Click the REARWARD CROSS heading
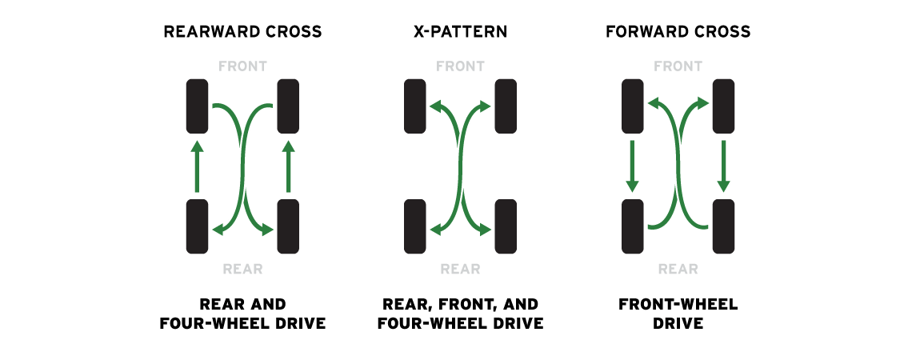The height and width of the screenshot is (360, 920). pyautogui.click(x=242, y=31)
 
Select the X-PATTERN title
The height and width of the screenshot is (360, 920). pyautogui.click(x=460, y=31)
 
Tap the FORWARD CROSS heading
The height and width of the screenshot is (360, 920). pyautogui.click(x=678, y=31)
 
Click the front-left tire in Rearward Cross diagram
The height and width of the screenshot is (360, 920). pyautogui.click(x=197, y=106)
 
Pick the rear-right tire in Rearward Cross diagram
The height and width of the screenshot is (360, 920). pyautogui.click(x=288, y=226)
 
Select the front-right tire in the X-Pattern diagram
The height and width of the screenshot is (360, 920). pyautogui.click(x=506, y=106)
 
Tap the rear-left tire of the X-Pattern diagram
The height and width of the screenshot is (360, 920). pyautogui.click(x=415, y=226)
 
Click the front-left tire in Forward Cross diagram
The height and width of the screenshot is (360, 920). pyautogui.click(x=633, y=106)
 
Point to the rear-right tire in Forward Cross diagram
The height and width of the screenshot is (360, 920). pyautogui.click(x=723, y=226)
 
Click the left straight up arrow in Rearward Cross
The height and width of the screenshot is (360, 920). pyautogui.click(x=197, y=166)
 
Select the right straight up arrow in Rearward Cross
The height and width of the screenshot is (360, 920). pyautogui.click(x=288, y=166)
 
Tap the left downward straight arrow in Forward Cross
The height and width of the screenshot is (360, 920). pyautogui.click(x=633, y=166)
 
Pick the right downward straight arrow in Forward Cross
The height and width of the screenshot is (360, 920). pyautogui.click(x=723, y=166)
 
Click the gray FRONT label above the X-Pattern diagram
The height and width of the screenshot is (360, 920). pyautogui.click(x=460, y=66)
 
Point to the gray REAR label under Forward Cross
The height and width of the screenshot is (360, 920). pyautogui.click(x=678, y=269)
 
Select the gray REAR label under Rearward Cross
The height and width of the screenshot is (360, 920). pyautogui.click(x=242, y=269)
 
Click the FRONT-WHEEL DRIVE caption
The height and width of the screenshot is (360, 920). pyautogui.click(x=678, y=314)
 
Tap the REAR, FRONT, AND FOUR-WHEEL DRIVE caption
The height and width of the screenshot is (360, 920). pyautogui.click(x=460, y=314)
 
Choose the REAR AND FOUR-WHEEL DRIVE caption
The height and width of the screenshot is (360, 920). pyautogui.click(x=242, y=314)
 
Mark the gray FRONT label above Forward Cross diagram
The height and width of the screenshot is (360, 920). pyautogui.click(x=678, y=66)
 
